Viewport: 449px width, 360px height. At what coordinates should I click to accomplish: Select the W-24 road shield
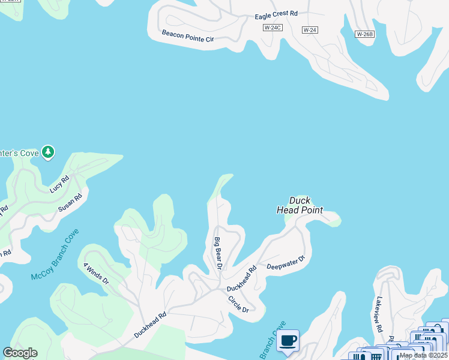(x=310, y=29)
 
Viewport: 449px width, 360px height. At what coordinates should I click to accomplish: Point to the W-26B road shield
(x=364, y=34)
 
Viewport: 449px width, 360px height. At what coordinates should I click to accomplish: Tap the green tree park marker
(x=48, y=152)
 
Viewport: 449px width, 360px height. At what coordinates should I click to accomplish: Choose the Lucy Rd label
(x=60, y=184)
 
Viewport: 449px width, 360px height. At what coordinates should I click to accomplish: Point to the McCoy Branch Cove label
(x=55, y=256)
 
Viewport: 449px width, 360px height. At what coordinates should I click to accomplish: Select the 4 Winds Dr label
(x=96, y=272)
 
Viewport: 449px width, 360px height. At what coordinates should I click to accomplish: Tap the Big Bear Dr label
(x=218, y=253)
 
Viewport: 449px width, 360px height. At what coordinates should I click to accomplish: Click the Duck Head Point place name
(x=300, y=205)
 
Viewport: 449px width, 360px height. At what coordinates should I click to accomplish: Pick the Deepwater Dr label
(x=286, y=262)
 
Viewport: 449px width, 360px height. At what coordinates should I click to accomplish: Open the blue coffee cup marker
(x=288, y=341)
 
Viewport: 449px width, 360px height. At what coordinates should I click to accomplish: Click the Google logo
(x=20, y=353)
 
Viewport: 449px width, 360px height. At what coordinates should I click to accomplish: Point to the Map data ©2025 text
(x=424, y=355)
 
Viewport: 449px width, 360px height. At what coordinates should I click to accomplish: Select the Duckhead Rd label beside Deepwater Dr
(x=242, y=279)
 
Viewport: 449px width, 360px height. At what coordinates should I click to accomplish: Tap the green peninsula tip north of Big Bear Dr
(x=224, y=179)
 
